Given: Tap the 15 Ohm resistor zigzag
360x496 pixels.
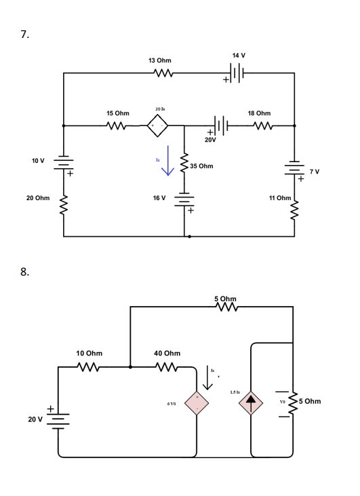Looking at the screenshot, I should click(x=117, y=126).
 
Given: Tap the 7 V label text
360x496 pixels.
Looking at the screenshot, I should click(x=315, y=172).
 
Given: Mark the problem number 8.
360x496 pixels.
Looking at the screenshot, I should click(x=25, y=273).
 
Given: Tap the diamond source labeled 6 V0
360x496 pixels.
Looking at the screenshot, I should click(x=197, y=402).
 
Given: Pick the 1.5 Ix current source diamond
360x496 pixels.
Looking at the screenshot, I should click(x=251, y=402).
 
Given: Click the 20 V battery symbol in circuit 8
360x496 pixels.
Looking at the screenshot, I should click(x=58, y=419).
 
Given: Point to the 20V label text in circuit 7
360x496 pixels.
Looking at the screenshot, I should click(x=209, y=139).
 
